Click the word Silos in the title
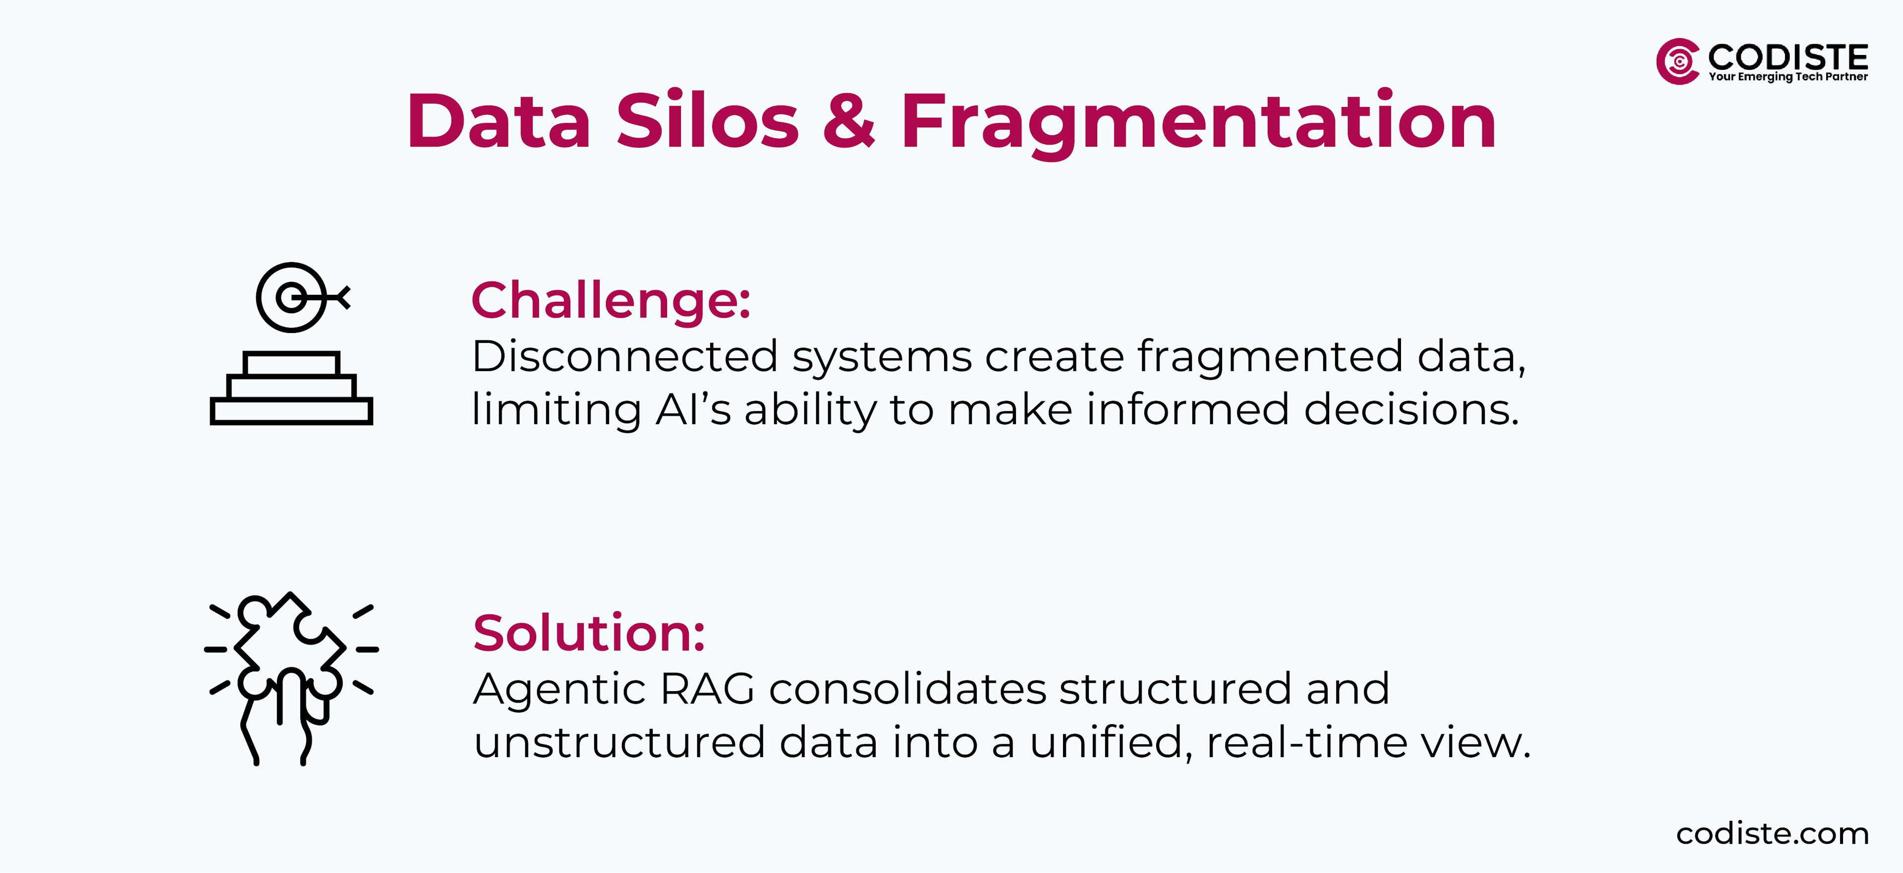(x=707, y=122)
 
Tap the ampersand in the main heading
(x=849, y=122)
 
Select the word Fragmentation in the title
(x=1197, y=122)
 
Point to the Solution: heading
(x=589, y=633)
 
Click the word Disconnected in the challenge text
(x=624, y=356)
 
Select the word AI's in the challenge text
(x=692, y=409)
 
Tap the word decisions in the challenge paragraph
(x=1411, y=409)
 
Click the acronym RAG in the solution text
(x=707, y=689)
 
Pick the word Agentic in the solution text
(x=559, y=689)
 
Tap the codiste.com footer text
(x=1772, y=833)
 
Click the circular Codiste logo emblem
(x=1678, y=61)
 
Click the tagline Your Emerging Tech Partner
(x=1788, y=77)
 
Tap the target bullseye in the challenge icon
(x=292, y=298)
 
